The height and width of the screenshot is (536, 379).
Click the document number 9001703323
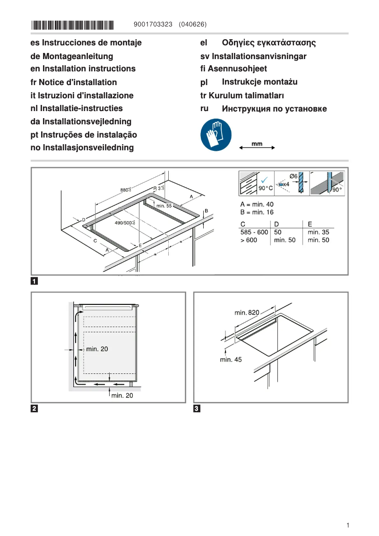[154, 24]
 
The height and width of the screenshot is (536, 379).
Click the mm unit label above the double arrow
[257, 143]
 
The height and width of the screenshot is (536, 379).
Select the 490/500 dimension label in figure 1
[124, 222]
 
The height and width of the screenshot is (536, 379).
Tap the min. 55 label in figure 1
[164, 206]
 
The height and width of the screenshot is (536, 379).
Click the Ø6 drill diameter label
[293, 176]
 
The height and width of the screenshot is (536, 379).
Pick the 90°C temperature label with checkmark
[265, 187]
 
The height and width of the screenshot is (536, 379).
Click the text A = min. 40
[257, 204]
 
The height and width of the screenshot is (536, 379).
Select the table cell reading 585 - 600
[254, 232]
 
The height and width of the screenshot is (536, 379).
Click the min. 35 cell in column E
[318, 232]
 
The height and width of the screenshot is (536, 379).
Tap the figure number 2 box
[34, 408]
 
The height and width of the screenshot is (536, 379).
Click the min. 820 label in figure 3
[247, 312]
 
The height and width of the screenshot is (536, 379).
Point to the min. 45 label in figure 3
[231, 360]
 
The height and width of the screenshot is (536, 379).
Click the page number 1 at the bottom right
[347, 525]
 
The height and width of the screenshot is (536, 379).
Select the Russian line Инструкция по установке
[274, 109]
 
